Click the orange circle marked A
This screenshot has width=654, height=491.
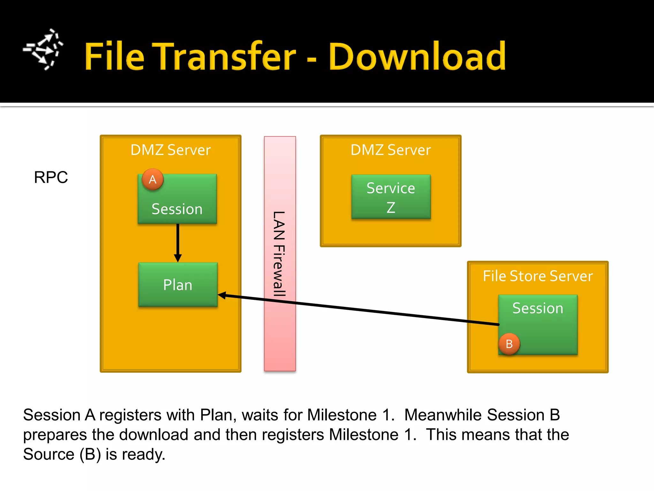[x=153, y=179]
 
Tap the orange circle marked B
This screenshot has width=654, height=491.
[x=509, y=344]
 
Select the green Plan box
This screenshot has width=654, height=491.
[x=178, y=284]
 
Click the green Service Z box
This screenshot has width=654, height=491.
[x=391, y=197]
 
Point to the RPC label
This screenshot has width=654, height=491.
[x=51, y=177]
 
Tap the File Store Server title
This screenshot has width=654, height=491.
[x=537, y=276]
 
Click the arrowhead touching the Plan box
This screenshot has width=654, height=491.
[x=222, y=295]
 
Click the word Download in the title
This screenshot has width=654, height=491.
[x=417, y=57]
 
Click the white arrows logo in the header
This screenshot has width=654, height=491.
[x=43, y=50]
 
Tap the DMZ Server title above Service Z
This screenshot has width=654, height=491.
[x=391, y=150]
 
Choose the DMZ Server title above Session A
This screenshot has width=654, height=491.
[x=171, y=150]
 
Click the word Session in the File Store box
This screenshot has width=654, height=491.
[x=537, y=308]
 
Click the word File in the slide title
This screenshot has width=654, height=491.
[x=115, y=57]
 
